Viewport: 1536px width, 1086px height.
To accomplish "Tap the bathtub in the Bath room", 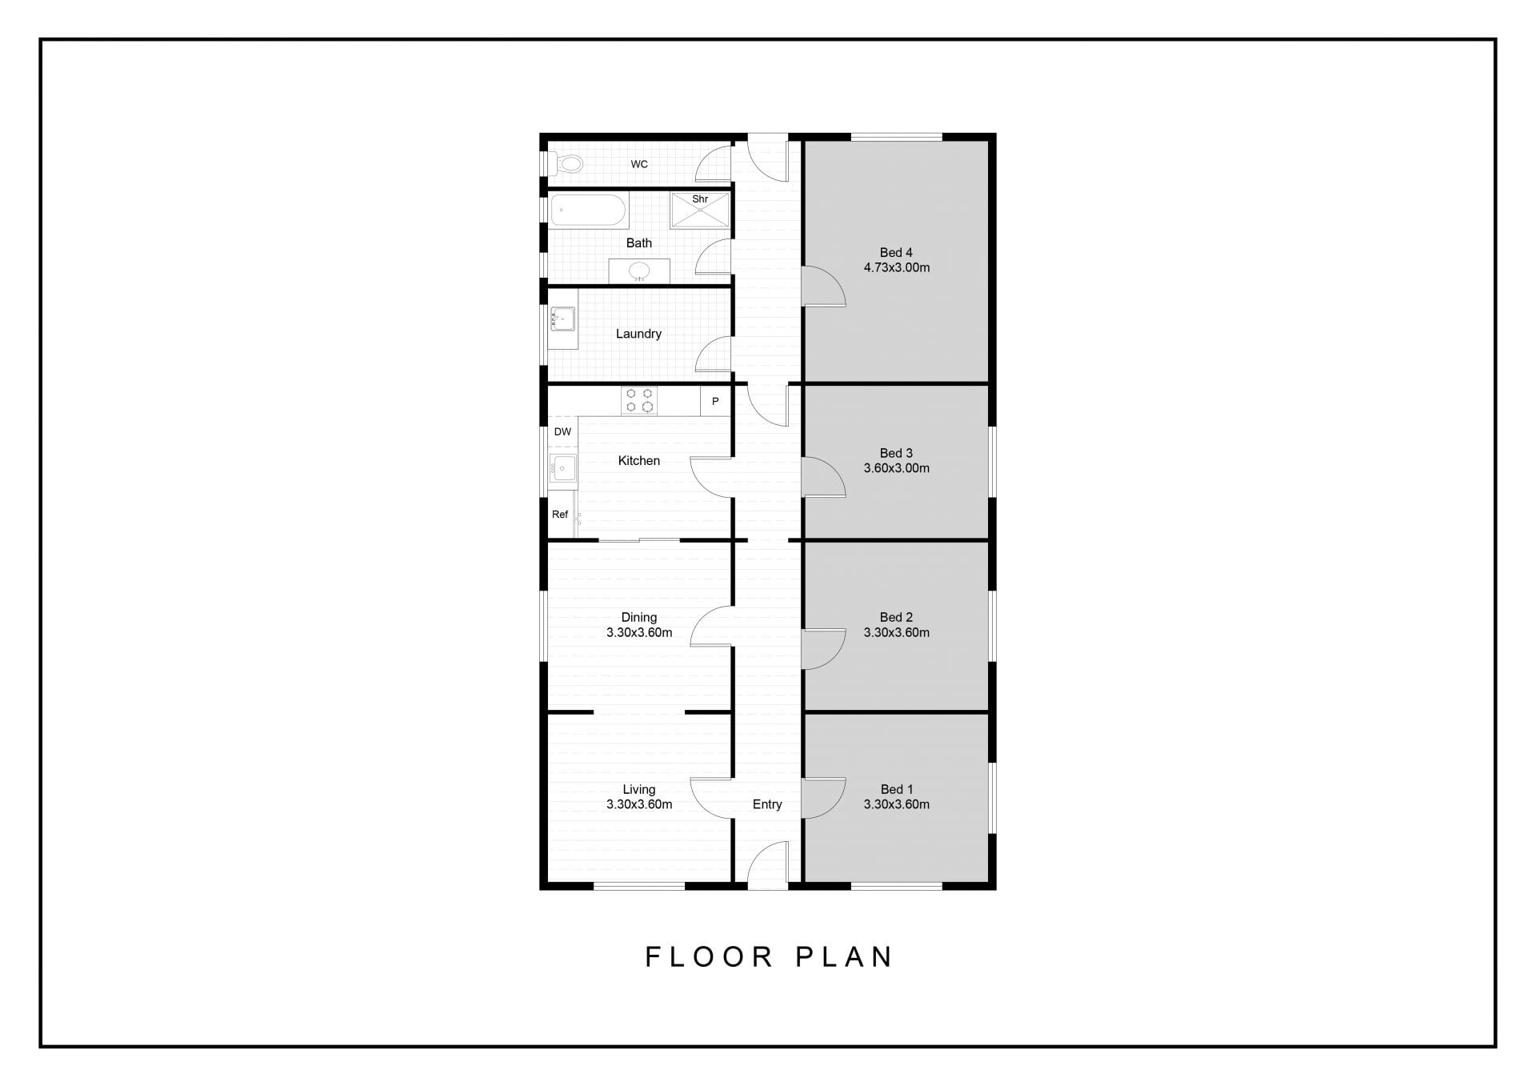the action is click(x=588, y=210).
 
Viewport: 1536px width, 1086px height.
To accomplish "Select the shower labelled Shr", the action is click(x=700, y=210).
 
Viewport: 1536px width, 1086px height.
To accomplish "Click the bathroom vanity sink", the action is click(x=639, y=271).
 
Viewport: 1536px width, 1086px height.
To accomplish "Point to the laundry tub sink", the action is click(x=562, y=319).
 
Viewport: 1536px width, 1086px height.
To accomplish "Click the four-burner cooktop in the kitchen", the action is click(x=639, y=400).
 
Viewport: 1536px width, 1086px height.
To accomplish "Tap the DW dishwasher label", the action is click(x=563, y=432).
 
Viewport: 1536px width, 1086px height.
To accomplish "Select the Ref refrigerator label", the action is click(x=560, y=515).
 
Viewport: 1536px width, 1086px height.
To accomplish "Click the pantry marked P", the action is click(x=715, y=401).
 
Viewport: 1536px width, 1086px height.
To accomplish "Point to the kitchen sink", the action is click(x=563, y=467).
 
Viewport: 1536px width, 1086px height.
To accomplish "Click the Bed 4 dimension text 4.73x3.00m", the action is click(x=897, y=268).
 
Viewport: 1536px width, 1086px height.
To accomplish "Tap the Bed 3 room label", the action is click(x=896, y=453).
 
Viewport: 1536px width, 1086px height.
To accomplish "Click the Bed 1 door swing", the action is click(x=823, y=798).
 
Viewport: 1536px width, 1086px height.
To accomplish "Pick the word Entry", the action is click(x=767, y=804).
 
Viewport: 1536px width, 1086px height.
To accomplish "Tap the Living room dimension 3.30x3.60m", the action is click(x=639, y=804).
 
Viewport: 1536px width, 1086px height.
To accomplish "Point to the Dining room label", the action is click(x=639, y=617).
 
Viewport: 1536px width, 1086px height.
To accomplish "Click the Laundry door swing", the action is click(x=714, y=355).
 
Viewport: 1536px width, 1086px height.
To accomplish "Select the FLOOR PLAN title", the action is click(x=769, y=956).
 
